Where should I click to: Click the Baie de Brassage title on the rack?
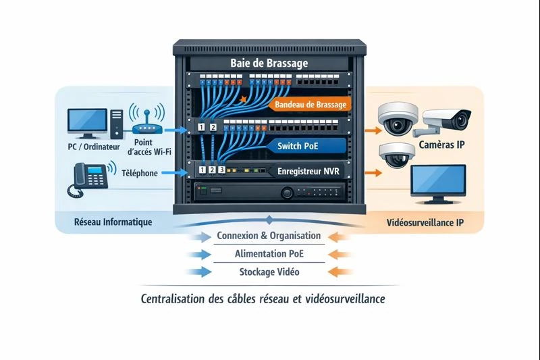point(269,63)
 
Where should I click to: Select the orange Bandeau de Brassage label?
point(311,105)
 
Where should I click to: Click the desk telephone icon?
point(88,178)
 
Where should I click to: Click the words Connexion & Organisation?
point(269,236)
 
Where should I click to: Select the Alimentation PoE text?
point(269,255)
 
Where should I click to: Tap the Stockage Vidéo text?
point(269,272)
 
